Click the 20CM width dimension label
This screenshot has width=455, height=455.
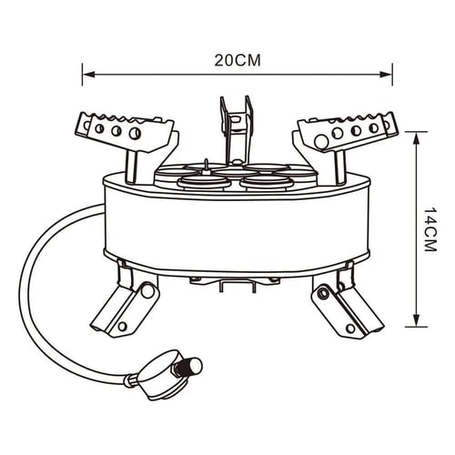[238, 61]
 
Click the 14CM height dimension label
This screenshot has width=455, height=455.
[430, 229]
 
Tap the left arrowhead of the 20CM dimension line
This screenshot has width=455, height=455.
[88, 74]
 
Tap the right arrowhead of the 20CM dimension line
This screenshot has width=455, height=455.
[386, 74]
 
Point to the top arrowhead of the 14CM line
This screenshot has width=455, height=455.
[417, 138]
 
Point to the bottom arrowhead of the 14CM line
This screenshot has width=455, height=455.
[417, 320]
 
